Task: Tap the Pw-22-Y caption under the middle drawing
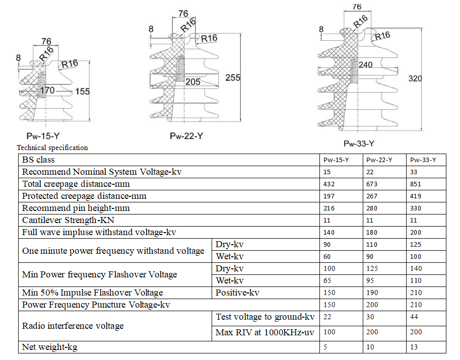(x=186, y=136)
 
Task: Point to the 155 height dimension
(x=83, y=92)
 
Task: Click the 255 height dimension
(x=233, y=78)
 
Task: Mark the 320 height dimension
(x=415, y=79)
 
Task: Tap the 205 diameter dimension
(x=192, y=82)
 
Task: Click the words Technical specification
(x=52, y=148)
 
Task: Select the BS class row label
(x=38, y=160)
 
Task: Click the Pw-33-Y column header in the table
(x=423, y=160)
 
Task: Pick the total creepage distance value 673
(x=372, y=184)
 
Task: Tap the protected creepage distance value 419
(x=416, y=196)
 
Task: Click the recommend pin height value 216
(x=328, y=208)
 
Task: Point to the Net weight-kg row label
(x=50, y=347)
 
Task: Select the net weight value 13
(x=414, y=347)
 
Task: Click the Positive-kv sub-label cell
(x=237, y=293)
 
